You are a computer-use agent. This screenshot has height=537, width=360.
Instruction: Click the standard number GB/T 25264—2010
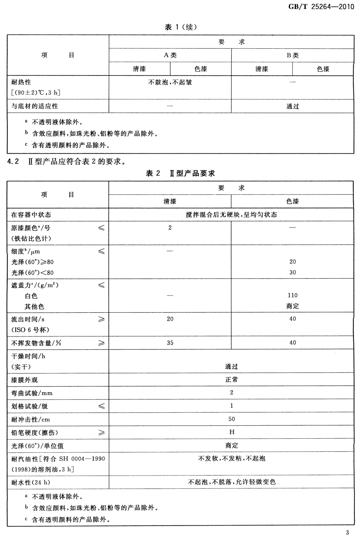[321, 7]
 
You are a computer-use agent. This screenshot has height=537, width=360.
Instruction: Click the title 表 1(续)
[181, 27]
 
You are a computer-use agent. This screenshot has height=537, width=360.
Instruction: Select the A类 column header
[170, 55]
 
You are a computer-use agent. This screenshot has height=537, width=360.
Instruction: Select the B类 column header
[293, 55]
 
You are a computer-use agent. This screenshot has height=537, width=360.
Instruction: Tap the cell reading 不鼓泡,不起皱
[170, 82]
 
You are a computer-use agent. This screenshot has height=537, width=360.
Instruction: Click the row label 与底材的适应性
[35, 106]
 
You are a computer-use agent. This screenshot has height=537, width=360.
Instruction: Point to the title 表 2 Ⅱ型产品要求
[180, 173]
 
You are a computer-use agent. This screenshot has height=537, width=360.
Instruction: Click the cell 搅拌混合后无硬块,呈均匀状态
[231, 215]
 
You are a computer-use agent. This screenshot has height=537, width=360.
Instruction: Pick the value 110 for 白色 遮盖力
[293, 295]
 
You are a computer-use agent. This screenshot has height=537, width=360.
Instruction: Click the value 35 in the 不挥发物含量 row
[170, 343]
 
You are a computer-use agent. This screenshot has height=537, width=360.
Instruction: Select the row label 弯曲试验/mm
[32, 393]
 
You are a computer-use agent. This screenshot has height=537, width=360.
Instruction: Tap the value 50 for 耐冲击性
[232, 419]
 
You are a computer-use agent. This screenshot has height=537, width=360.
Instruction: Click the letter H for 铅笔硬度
[232, 432]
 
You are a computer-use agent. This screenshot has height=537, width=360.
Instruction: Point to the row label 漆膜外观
[25, 380]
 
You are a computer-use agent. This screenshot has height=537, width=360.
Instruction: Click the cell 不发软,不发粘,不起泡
[232, 459]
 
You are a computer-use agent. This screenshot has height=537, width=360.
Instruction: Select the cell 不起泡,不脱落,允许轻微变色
[232, 482]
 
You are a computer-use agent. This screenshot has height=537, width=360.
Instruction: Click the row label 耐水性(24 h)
[31, 482]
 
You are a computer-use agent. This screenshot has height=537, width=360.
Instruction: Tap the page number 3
[347, 532]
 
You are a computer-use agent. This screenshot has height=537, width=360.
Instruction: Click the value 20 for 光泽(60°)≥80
[293, 262]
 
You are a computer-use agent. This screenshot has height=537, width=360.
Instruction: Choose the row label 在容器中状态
[31, 215]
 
